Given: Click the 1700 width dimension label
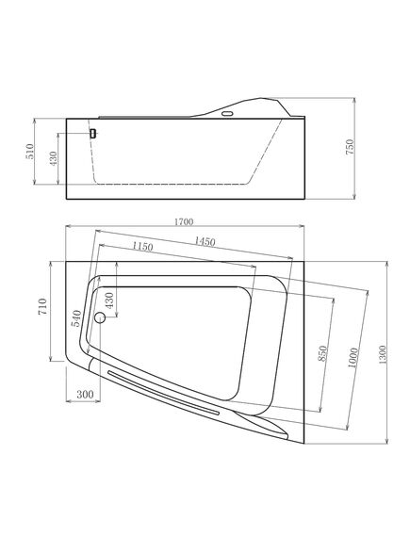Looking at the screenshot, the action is point(184,222).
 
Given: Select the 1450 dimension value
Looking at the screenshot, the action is point(205,242).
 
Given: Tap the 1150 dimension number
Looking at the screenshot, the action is point(142,246).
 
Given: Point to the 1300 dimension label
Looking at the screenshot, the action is point(383,354).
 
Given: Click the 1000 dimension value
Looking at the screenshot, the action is point(353,358).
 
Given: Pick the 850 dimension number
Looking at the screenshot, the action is point(322,354).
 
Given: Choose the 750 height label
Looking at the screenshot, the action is point(351,147).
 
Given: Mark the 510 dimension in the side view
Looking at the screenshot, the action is point(30,151).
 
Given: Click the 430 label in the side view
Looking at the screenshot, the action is point(54,158).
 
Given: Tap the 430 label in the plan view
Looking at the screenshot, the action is point(109,300).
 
